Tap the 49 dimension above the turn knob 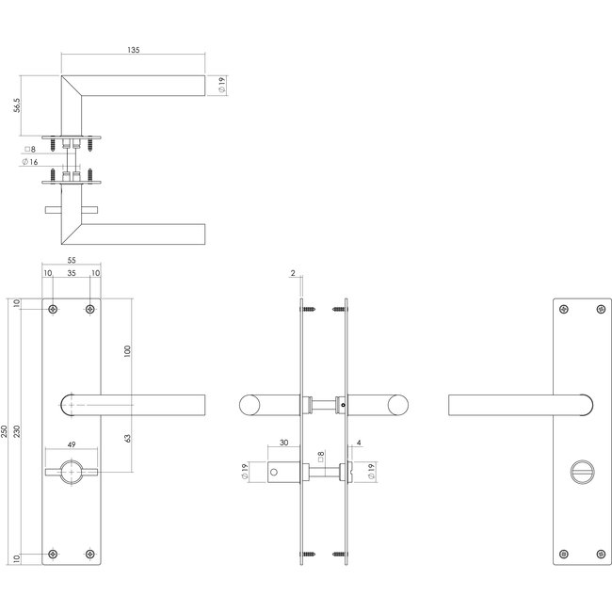pos(72,449)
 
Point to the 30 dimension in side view pos(283,447)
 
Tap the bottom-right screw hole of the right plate pos(600,555)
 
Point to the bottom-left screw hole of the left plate pos(54,555)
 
